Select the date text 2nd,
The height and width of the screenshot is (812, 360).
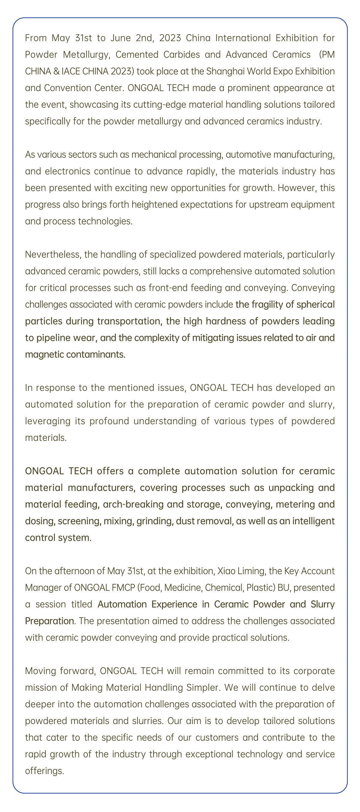145,38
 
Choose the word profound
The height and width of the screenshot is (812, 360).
109,421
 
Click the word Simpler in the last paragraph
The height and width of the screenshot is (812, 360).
202,688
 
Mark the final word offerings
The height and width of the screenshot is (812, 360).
44,771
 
